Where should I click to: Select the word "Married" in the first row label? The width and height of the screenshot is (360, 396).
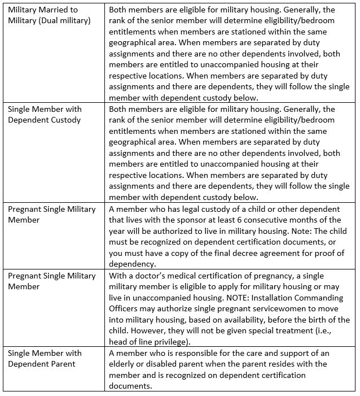57,10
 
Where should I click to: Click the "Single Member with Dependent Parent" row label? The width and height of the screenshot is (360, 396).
45,358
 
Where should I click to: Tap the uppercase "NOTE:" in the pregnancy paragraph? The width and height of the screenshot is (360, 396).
229,297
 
